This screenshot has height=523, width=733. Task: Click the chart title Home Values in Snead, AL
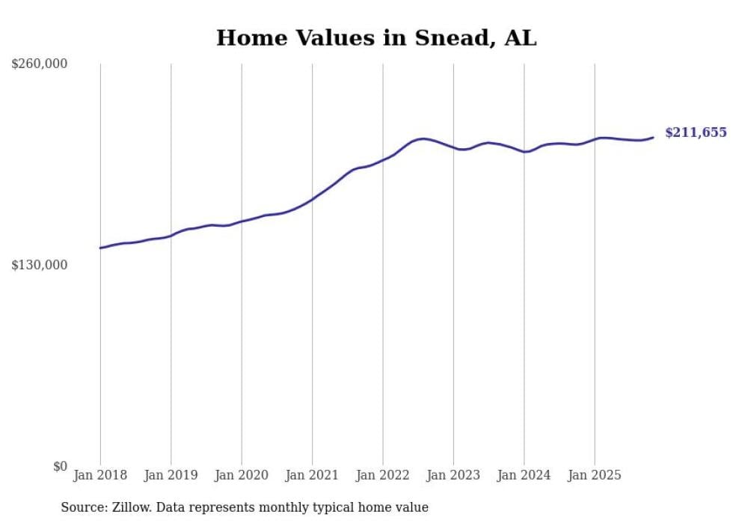click(x=376, y=37)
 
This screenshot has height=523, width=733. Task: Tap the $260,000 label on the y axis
click(x=40, y=64)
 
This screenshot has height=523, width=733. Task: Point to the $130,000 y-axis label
click(x=40, y=265)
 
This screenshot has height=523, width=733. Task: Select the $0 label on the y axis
click(x=60, y=466)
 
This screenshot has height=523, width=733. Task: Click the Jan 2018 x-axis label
click(x=100, y=475)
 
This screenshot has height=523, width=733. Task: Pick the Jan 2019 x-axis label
click(x=171, y=475)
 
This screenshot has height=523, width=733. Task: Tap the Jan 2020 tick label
click(x=242, y=475)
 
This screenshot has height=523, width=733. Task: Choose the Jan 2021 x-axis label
click(x=312, y=475)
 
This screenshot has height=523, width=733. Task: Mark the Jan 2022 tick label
click(x=383, y=475)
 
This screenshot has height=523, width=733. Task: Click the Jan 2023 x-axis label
click(x=453, y=475)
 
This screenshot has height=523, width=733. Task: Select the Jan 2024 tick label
click(x=524, y=475)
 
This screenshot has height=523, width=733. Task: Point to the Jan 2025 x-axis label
click(x=595, y=475)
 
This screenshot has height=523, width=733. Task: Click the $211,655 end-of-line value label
click(x=696, y=133)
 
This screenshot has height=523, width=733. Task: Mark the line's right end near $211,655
click(x=653, y=137)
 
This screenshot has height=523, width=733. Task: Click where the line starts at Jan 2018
click(x=100, y=248)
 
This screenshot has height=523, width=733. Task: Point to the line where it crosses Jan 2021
click(x=312, y=199)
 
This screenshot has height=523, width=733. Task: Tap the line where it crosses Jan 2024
click(x=524, y=152)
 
